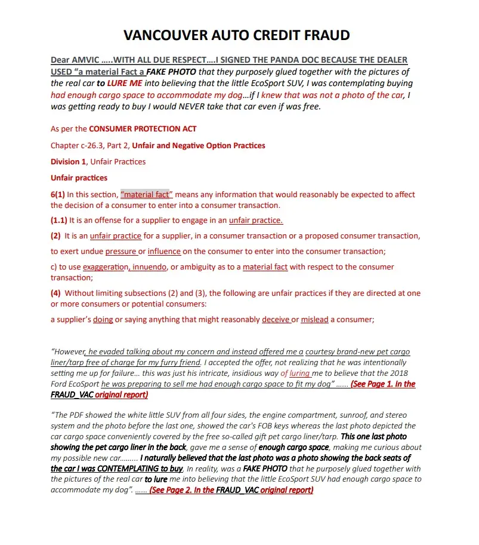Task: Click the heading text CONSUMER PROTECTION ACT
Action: point(143,128)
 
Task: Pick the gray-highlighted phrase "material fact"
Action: point(147,194)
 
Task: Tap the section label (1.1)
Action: point(58,220)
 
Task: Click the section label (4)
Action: point(55,293)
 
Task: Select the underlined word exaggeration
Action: point(106,267)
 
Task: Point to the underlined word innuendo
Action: point(149,267)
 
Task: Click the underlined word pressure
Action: point(120,251)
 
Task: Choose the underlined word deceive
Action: point(276,319)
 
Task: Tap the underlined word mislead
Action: point(314,319)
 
